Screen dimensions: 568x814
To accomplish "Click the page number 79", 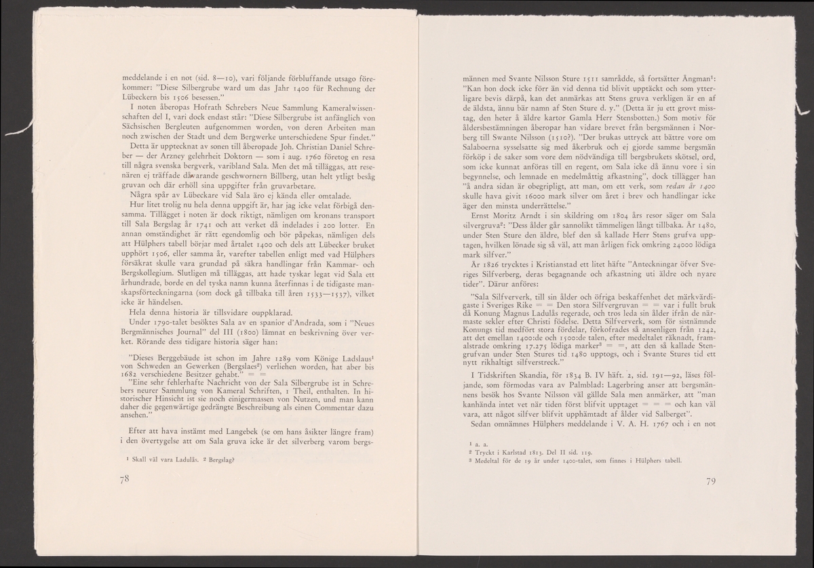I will coord(712,482).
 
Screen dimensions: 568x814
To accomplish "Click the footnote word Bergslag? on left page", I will coord(216,460).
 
